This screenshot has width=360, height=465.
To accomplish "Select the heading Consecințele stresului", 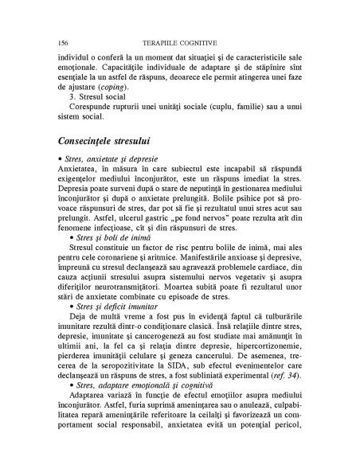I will [116, 139].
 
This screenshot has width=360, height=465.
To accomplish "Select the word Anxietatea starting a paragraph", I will [79, 170].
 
